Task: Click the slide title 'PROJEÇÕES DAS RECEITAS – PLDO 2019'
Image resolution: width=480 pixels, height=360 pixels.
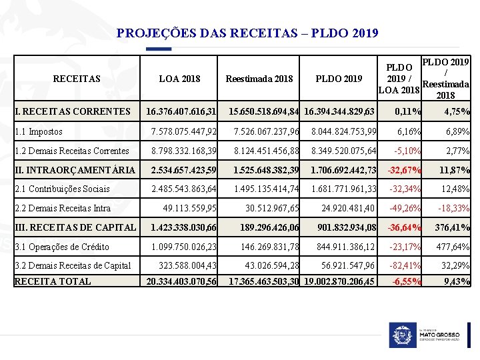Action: click(x=247, y=33)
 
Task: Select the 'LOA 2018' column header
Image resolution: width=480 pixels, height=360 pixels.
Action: click(x=179, y=79)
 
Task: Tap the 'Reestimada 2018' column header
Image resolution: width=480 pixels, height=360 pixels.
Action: click(x=259, y=79)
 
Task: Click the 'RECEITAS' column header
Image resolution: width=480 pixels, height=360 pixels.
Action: click(x=77, y=79)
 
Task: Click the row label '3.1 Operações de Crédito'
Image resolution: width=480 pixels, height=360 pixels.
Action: click(x=62, y=247)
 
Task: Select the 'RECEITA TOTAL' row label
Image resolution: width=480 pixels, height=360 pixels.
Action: click(x=53, y=281)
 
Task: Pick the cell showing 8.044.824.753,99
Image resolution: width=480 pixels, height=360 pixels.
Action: click(x=344, y=132)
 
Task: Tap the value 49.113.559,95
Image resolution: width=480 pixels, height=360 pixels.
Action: click(x=190, y=209)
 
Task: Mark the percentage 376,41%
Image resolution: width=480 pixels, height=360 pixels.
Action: click(x=453, y=228)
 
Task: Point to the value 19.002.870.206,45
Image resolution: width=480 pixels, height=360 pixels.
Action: click(x=339, y=281)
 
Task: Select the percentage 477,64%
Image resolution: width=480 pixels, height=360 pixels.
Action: click(x=453, y=247)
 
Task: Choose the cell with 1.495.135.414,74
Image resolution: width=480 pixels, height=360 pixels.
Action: click(x=266, y=189)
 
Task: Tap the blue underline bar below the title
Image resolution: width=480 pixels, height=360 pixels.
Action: click(x=159, y=49)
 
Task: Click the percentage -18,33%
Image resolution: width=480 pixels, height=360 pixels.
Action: click(x=453, y=209)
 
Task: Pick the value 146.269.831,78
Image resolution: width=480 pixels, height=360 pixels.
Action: click(x=270, y=247)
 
